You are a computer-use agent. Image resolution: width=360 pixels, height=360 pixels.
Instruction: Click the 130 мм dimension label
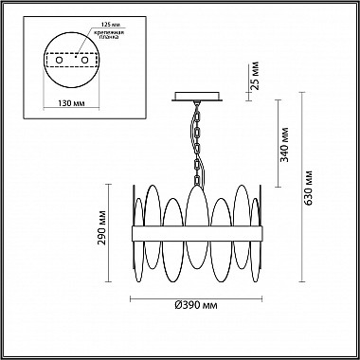pos(72,103)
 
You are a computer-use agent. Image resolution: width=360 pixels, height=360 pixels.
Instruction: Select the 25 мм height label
pos(255,76)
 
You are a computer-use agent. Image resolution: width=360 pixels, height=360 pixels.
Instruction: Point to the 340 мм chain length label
pos(285,144)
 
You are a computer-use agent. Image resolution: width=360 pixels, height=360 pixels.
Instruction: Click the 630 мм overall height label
pos(309,188)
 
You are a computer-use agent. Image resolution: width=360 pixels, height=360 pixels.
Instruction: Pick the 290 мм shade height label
pos(102,227)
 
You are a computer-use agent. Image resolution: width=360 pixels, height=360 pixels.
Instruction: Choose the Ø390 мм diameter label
pos(196,305)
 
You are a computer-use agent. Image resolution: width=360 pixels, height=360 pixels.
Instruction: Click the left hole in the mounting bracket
pos(59,60)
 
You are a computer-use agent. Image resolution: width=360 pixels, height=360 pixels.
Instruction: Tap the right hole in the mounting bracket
pos(84,60)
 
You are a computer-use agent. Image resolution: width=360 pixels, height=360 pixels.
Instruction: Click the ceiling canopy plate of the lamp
pos(197,97)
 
